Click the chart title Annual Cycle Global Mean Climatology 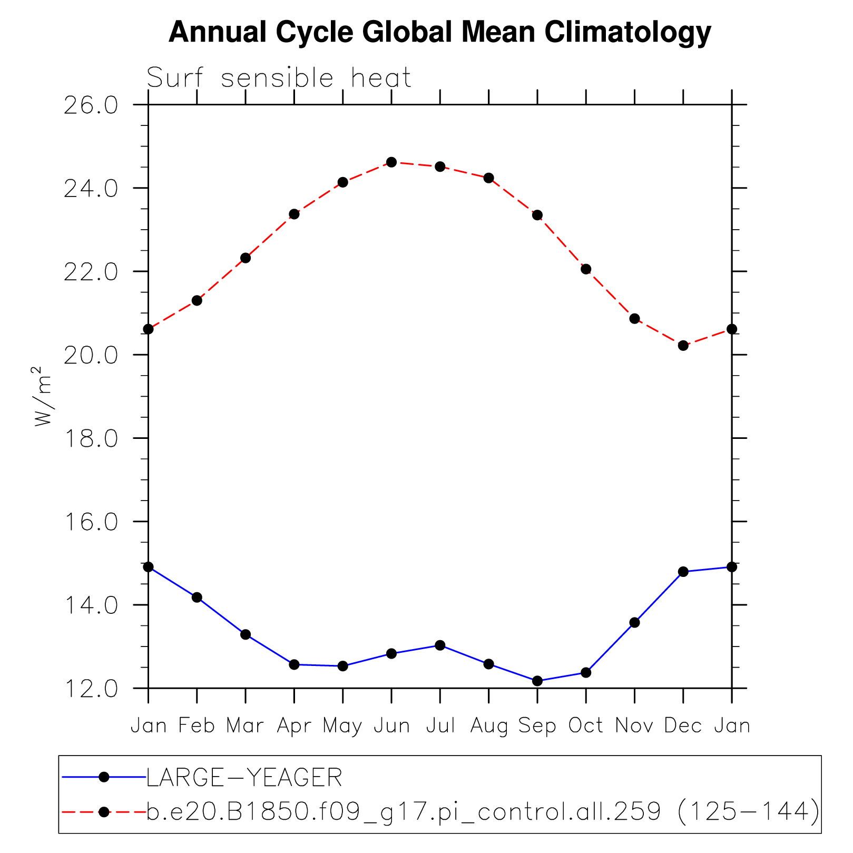coord(439,33)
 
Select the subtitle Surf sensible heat coord(279,79)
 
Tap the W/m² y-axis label coord(44,395)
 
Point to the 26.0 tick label coord(91,105)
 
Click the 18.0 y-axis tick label coord(91,438)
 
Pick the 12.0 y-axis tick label coord(91,689)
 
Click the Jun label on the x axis coord(391,726)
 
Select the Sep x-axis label coord(537,726)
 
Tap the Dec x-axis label coord(683,726)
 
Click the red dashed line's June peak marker coord(391,162)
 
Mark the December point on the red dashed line coord(683,346)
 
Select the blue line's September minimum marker coord(537,681)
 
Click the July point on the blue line coord(440,645)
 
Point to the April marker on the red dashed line coord(294,214)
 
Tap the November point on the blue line coord(634,623)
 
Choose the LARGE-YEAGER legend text coord(244,778)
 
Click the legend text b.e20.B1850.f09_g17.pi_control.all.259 coord(404,812)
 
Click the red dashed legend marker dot coord(104,812)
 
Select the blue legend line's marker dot coord(104,777)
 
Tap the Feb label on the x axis coord(197,726)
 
